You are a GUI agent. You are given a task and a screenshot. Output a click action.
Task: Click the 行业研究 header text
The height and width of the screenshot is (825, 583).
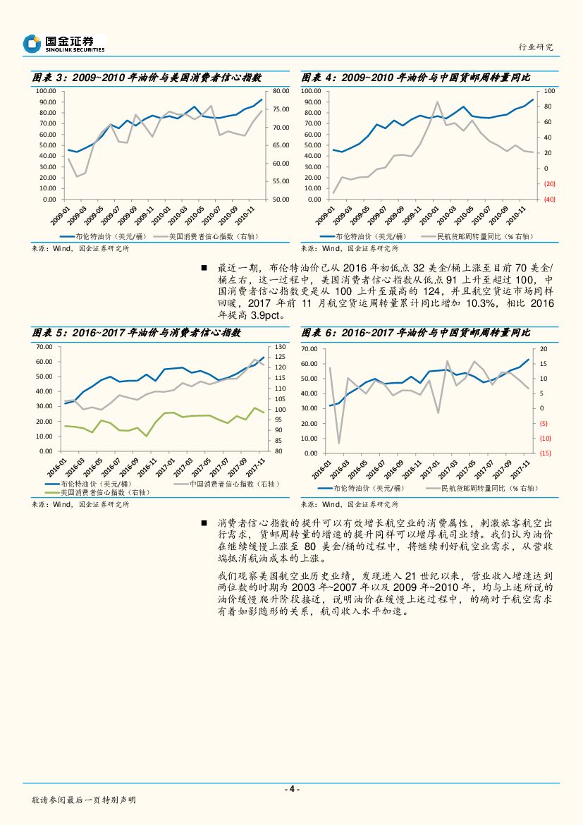[536, 47]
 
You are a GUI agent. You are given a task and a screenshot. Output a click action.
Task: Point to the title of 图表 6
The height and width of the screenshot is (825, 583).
[415, 332]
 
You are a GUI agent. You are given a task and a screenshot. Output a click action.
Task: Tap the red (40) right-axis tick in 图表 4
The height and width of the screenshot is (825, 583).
[550, 200]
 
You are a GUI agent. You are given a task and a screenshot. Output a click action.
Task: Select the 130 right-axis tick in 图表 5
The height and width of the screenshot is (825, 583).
[279, 346]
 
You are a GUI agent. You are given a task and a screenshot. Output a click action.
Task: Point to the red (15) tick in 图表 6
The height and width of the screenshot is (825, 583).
[545, 453]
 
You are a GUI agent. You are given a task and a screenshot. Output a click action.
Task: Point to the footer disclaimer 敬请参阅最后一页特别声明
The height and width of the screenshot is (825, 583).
[84, 800]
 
